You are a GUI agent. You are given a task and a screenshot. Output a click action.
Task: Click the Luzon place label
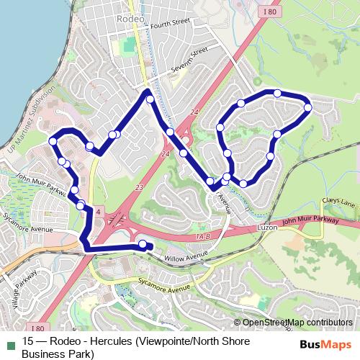tap(267, 227)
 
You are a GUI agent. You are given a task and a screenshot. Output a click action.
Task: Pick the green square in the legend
tap(10, 341)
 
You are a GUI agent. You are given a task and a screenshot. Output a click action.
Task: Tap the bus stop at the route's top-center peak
tap(150, 99)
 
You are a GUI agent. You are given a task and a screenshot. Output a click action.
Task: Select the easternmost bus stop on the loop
tap(307, 108)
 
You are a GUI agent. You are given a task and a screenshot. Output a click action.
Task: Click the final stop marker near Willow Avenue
tap(142, 245)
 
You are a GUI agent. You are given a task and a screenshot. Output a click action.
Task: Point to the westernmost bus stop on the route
tap(53, 142)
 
